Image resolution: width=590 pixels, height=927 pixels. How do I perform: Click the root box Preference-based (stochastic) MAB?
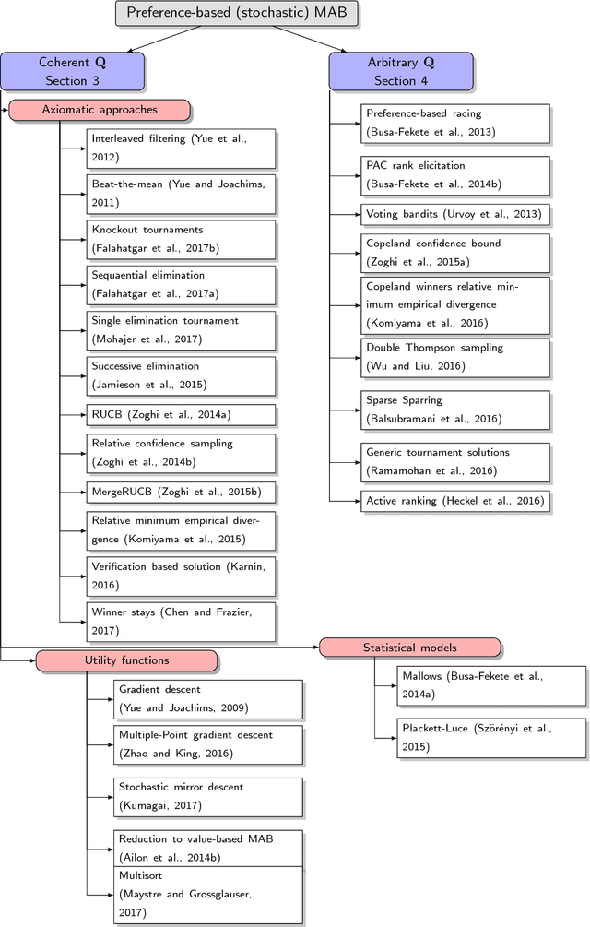[236, 13]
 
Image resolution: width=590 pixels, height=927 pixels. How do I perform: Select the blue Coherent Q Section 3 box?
[72, 71]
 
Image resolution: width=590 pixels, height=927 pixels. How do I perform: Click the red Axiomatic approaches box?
[100, 110]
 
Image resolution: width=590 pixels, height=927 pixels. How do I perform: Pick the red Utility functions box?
[127, 660]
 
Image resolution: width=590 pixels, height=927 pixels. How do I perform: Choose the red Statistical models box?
[410, 648]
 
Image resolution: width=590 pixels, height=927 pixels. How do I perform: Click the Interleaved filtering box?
[182, 148]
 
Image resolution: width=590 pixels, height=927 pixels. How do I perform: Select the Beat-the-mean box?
[182, 193]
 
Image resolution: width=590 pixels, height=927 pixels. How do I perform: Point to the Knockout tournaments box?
[182, 239]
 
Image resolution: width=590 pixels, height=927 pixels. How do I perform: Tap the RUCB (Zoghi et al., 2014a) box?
[182, 415]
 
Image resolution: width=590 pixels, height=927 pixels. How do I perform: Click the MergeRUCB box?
[182, 493]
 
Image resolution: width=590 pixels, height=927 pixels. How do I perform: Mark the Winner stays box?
[182, 621]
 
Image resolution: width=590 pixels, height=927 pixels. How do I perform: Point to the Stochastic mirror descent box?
[209, 796]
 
